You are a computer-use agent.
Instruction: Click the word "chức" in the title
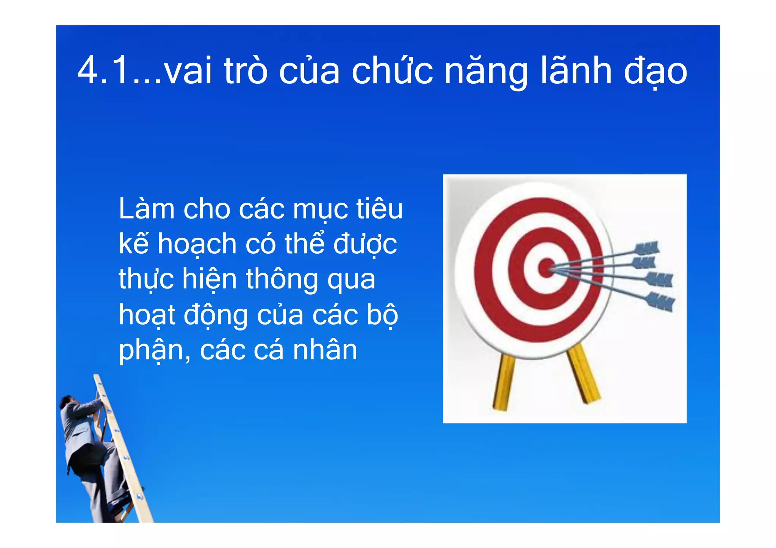click(x=392, y=70)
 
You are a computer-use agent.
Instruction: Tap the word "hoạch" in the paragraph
click(x=197, y=244)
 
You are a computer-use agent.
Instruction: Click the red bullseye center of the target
click(x=546, y=268)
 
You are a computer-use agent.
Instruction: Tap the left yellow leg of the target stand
click(x=504, y=383)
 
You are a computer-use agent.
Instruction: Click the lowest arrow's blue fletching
click(x=661, y=301)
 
